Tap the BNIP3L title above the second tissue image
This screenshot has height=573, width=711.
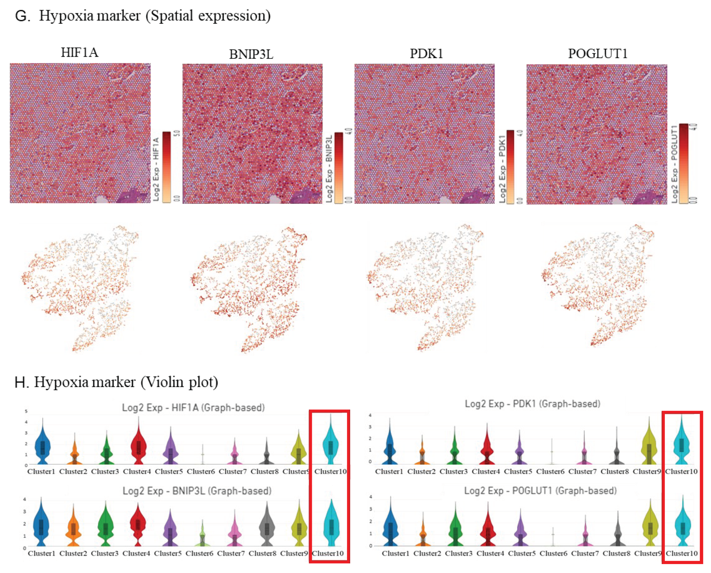pos(251,54)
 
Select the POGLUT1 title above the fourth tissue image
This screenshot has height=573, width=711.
pos(597,53)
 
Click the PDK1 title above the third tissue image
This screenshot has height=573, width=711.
pos(426,53)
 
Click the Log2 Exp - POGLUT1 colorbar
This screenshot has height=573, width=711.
pos(683,163)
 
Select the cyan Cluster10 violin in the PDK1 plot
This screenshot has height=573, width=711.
pos(681,445)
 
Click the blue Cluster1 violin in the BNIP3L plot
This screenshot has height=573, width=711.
pos(41,526)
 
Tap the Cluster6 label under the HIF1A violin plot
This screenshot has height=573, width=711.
pos(201,471)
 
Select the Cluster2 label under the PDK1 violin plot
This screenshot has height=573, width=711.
pos(421,471)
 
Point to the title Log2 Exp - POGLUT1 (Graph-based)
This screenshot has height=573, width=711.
pos(540,490)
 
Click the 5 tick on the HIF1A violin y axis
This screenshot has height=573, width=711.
pos(26,411)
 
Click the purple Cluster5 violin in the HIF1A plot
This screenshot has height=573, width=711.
pos(171,452)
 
